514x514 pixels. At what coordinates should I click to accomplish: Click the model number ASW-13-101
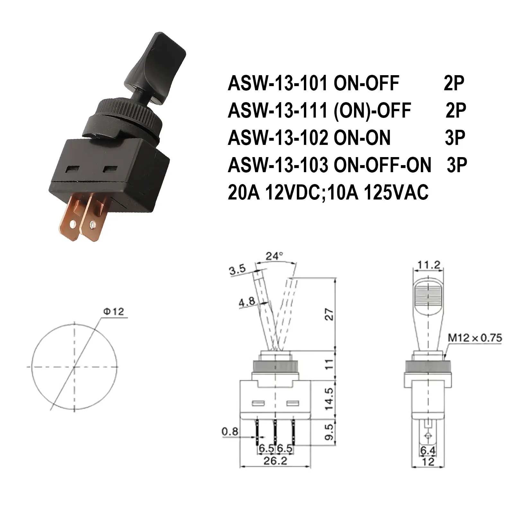[x=278, y=84]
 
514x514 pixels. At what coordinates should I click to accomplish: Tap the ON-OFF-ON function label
[x=382, y=165]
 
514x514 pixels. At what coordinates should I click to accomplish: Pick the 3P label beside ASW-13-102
[x=455, y=138]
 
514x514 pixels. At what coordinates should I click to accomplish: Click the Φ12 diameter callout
[x=113, y=312]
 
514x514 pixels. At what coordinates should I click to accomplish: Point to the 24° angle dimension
[x=274, y=256]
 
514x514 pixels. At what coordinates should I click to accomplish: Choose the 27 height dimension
[x=329, y=315]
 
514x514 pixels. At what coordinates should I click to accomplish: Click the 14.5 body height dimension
[x=329, y=398]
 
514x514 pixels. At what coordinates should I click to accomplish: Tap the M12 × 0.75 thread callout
[x=474, y=338]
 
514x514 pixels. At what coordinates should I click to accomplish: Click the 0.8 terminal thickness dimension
[x=230, y=431]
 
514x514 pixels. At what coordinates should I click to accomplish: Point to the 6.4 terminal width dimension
[x=428, y=451]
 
